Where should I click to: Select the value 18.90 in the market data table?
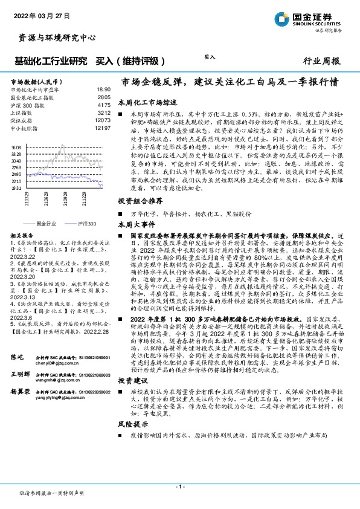(103, 89)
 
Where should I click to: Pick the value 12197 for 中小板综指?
(103, 128)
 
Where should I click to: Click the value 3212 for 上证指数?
(104, 112)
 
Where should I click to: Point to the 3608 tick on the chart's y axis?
(16, 147)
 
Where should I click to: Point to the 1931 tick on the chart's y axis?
(16, 189)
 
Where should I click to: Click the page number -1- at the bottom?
(179, 486)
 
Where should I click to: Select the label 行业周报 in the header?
(321, 61)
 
